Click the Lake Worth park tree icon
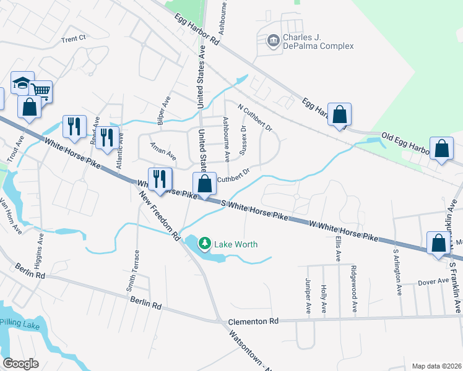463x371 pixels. point(205,244)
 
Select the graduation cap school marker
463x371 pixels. point(21,83)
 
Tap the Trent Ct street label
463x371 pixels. point(73,38)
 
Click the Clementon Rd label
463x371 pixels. point(254,321)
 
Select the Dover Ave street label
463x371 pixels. point(433,281)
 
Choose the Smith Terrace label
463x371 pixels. point(131,271)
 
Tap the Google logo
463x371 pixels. point(20,364)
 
